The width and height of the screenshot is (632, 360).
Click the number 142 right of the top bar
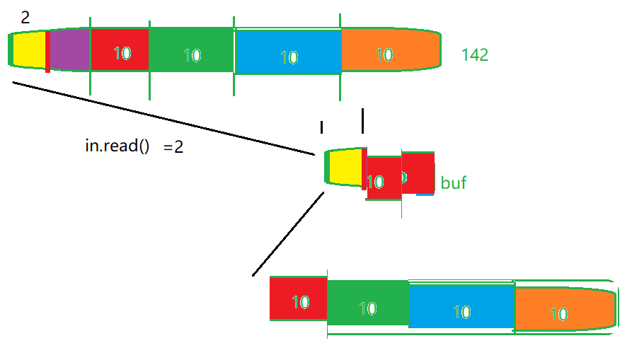tap(475, 54)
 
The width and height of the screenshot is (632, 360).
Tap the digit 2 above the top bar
tap(25, 18)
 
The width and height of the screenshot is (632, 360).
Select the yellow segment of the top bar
tap(30, 50)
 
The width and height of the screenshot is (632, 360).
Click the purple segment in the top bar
tap(69, 50)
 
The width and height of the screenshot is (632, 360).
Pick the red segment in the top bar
tap(120, 51)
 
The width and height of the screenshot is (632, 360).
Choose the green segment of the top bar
tap(191, 51)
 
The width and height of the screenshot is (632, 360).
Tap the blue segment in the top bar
tap(287, 52)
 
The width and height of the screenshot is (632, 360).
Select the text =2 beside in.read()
tap(173, 148)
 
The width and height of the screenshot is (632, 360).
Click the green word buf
tap(454, 183)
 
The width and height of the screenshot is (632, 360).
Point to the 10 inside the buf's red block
tap(376, 182)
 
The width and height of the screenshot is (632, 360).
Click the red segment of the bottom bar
tap(298, 300)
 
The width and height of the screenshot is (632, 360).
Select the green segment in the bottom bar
tap(367, 306)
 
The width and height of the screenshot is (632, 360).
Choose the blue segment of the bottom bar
tap(461, 308)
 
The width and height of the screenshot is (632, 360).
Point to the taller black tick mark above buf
tap(362, 121)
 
